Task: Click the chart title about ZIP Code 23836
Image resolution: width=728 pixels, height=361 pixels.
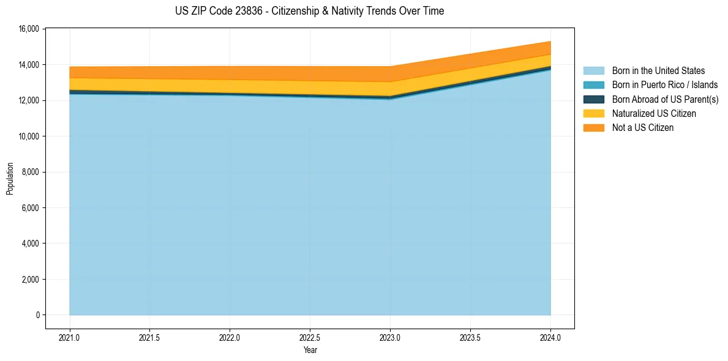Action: tap(309, 11)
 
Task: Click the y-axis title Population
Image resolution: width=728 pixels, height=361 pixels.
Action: tap(10, 179)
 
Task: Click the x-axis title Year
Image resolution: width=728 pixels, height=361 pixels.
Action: tap(310, 351)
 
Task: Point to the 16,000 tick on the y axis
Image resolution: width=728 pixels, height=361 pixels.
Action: tap(29, 29)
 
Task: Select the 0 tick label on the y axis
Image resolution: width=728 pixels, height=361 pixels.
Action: tap(37, 315)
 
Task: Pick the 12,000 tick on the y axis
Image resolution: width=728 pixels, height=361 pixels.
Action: tap(29, 100)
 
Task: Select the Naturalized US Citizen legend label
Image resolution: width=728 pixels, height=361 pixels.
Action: tap(654, 113)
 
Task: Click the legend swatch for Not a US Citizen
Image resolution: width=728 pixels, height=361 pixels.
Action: tap(593, 127)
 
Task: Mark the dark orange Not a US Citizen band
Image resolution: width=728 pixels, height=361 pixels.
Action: tap(245, 73)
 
